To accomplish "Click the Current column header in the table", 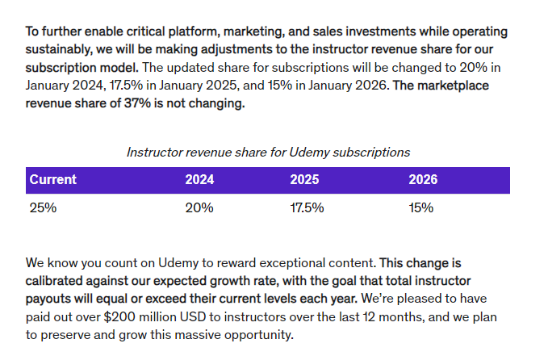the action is pos(52,180).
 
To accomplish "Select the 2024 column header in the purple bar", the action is pos(199,180).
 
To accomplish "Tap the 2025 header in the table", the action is pos(304,180).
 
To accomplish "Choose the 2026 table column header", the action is pos(423,180).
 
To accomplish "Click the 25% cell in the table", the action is pos(43,208).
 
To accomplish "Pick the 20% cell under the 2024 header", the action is pos(199,208).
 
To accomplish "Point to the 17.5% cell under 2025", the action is pos(307,208).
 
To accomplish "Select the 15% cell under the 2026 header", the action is pos(421,208).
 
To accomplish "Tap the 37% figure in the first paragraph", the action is pos(137,103).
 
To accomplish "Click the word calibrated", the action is pos(54,281).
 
